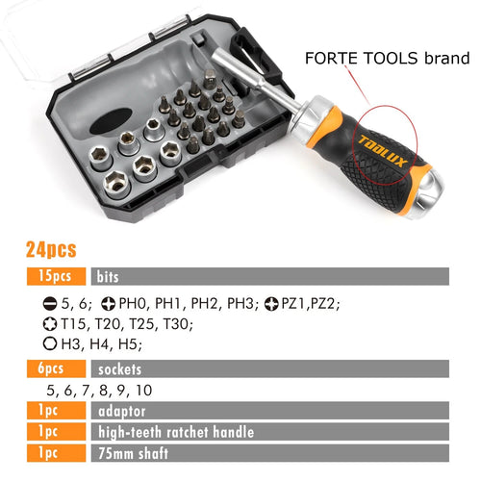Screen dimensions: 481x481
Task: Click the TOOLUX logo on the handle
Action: (382, 151)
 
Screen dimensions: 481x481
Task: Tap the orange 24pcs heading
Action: (51, 249)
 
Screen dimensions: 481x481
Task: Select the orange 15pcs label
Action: (57, 276)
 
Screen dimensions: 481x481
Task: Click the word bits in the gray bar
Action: (108, 277)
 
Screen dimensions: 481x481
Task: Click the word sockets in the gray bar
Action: (119, 369)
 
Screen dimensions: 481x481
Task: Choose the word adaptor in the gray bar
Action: (122, 412)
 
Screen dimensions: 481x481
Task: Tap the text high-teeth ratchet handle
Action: (176, 432)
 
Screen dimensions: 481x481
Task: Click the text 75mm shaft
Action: (133, 453)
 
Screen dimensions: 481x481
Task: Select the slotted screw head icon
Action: (50, 303)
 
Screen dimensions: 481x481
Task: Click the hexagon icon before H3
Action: (50, 343)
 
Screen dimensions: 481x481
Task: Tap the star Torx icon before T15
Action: (50, 324)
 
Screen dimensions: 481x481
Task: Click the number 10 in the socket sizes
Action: (144, 391)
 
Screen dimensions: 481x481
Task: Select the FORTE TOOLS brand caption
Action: (388, 59)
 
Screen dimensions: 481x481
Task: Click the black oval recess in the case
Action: (111, 121)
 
